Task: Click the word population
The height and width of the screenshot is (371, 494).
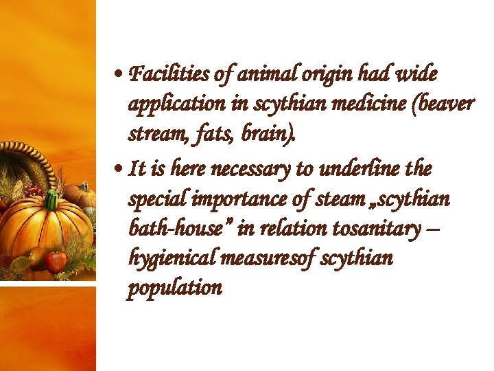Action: coord(175,288)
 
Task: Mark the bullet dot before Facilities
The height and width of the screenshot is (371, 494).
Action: coord(119,74)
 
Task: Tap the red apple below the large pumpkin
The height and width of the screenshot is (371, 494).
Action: coord(56,261)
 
